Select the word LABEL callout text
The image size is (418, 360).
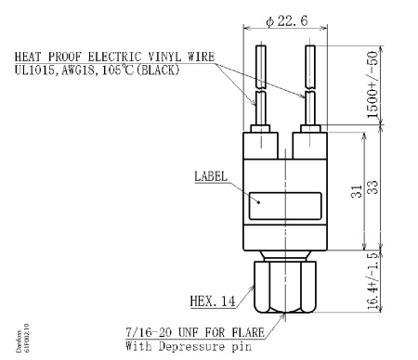coord(212,174)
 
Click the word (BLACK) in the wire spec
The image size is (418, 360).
coord(191,70)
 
